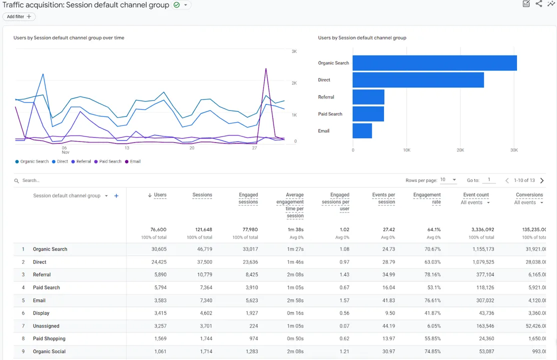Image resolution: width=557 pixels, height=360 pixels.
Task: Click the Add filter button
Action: click(19, 16)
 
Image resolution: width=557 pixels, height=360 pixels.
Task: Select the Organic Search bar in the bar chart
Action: click(434, 63)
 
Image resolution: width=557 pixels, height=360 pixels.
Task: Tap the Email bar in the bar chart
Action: click(362, 131)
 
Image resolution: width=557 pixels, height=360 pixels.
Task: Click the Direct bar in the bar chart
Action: click(418, 80)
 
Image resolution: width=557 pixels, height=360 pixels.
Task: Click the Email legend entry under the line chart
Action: click(133, 161)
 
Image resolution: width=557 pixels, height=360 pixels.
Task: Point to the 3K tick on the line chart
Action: click(294, 51)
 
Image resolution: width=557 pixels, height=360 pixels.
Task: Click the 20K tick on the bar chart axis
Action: click(460, 150)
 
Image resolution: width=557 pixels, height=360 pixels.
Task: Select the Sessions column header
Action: click(202, 195)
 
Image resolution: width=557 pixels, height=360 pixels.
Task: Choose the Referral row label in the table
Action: click(41, 274)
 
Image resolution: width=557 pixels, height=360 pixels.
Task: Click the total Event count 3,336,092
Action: click(482, 229)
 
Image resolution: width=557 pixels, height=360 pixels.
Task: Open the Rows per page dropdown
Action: click(448, 180)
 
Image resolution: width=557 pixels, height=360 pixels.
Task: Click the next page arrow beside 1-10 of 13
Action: click(542, 180)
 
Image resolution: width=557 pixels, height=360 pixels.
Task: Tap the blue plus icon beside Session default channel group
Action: click(116, 196)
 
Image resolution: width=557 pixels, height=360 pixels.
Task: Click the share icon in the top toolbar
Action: click(538, 4)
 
